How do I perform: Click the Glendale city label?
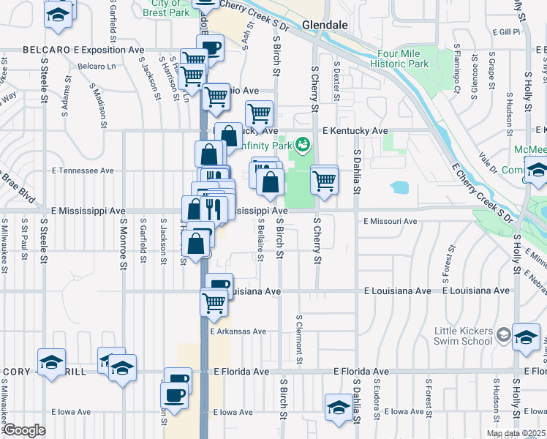click(x=324, y=24)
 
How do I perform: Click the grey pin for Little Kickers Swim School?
click(x=502, y=335)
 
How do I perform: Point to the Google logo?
click(x=23, y=430)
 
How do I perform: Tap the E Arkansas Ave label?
click(x=238, y=331)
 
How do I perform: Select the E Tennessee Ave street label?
click(x=83, y=170)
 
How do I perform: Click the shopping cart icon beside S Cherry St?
click(x=324, y=179)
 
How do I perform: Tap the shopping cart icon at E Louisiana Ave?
click(x=214, y=301)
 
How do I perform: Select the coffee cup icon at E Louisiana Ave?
click(x=219, y=285)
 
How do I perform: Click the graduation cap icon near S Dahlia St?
click(x=339, y=407)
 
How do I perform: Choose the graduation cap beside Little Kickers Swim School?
click(x=526, y=336)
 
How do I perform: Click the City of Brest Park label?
click(x=165, y=8)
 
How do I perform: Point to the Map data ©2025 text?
click(x=516, y=433)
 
